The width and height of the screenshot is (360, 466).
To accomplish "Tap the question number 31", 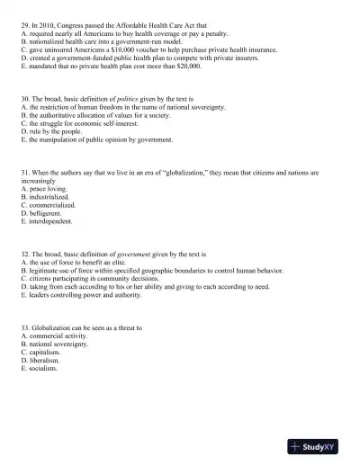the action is tap(25, 171).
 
